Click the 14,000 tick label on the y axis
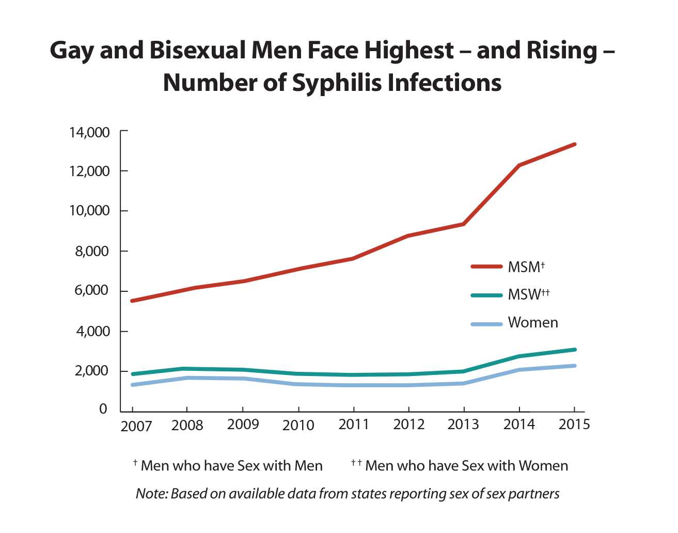pyautogui.click(x=89, y=133)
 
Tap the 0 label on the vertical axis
pyautogui.click(x=103, y=409)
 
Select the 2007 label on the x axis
pyautogui.click(x=136, y=426)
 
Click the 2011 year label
pyautogui.click(x=354, y=425)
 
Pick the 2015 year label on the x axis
pyautogui.click(x=574, y=425)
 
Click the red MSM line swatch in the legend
pyautogui.click(x=486, y=266)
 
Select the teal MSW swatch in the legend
pyautogui.click(x=486, y=295)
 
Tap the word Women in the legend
pyautogui.click(x=533, y=323)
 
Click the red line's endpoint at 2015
pyautogui.click(x=575, y=144)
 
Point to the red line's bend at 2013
pyautogui.click(x=464, y=224)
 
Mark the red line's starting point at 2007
pyautogui.click(x=132, y=301)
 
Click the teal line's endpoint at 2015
pyautogui.click(x=575, y=350)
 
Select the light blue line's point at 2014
pyautogui.click(x=519, y=370)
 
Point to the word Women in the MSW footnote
pyautogui.click(x=543, y=466)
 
